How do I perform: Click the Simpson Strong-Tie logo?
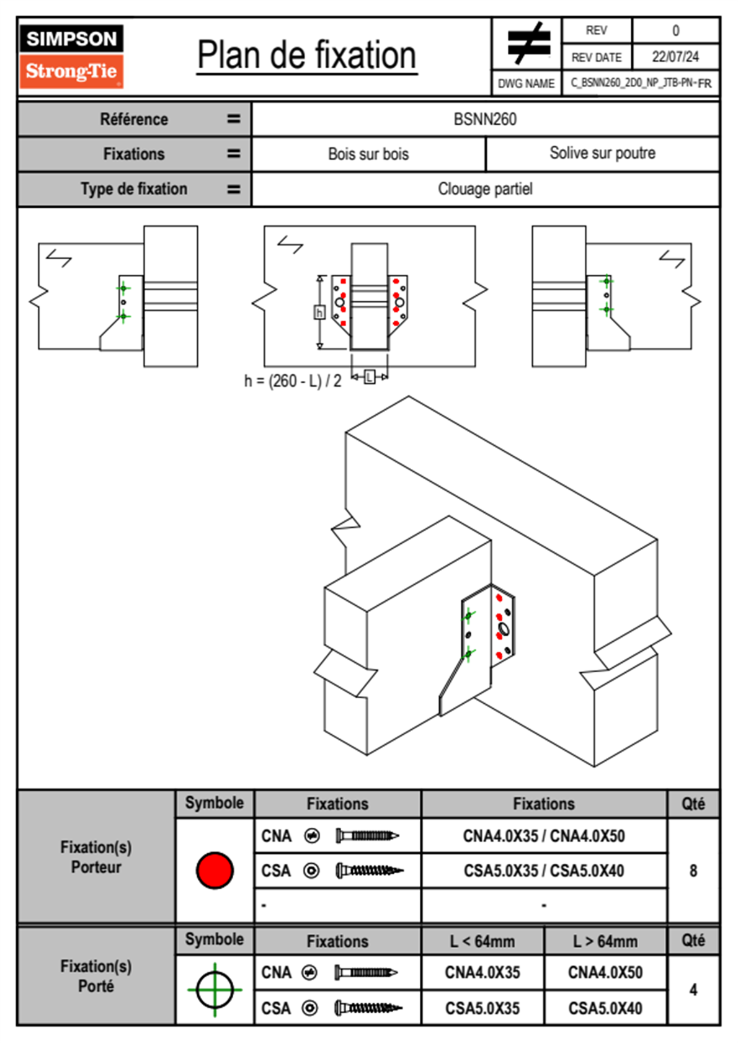point(71,56)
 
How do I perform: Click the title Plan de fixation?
point(306,55)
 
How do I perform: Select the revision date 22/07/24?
point(675,56)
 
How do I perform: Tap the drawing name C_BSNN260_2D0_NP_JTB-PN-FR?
point(641,83)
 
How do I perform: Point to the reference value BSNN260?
point(485,119)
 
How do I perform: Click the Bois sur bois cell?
point(368,154)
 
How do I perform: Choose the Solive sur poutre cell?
point(602,153)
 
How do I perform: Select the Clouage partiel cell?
point(485,189)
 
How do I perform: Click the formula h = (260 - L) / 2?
point(293,381)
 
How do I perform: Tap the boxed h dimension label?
point(319,312)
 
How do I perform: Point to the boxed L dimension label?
point(370,376)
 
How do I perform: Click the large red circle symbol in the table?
point(215,870)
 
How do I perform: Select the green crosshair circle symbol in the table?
point(215,990)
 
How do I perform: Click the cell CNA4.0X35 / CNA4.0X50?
point(544,836)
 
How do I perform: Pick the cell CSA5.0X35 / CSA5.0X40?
point(544,871)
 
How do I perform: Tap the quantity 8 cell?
point(693,871)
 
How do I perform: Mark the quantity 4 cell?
point(693,990)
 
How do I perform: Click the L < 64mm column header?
point(482,941)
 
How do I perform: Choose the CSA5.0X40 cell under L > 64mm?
point(605,1008)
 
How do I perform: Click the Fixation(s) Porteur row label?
point(96,857)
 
